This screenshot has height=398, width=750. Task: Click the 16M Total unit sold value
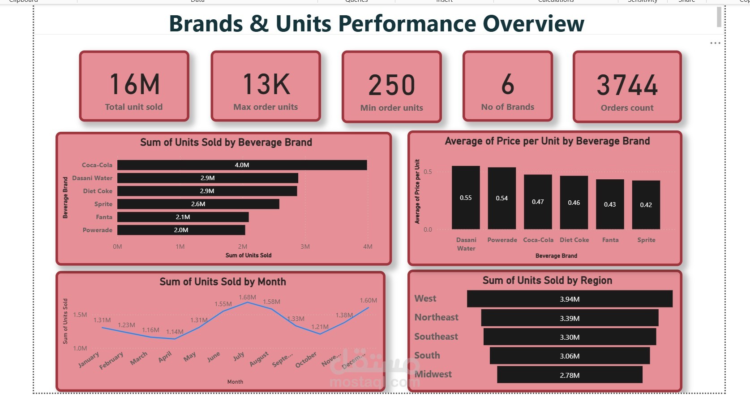click(134, 84)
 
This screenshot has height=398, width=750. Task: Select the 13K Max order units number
click(266, 84)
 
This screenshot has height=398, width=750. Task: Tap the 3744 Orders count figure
click(627, 85)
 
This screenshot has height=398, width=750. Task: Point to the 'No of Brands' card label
click(507, 107)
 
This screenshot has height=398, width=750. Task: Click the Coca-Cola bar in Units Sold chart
click(242, 165)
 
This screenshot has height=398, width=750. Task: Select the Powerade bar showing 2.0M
click(181, 230)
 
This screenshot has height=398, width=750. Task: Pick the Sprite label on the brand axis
click(103, 204)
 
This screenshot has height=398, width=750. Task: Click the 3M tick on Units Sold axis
click(305, 247)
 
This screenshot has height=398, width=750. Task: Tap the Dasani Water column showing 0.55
click(466, 198)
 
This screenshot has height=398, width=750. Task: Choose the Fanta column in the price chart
click(610, 204)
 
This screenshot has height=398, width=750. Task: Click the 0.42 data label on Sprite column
click(646, 205)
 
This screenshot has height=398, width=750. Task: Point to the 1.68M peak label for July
click(247, 297)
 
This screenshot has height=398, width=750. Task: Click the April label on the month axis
click(165, 357)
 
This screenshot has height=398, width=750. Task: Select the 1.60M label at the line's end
click(368, 300)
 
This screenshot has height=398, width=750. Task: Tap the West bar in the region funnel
click(570, 299)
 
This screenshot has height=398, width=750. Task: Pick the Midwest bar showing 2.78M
click(570, 375)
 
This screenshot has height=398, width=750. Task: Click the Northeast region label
click(436, 317)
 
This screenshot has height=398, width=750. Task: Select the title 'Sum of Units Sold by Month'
click(223, 282)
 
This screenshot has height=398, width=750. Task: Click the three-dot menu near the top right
click(715, 43)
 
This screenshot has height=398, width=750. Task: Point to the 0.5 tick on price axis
click(428, 172)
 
